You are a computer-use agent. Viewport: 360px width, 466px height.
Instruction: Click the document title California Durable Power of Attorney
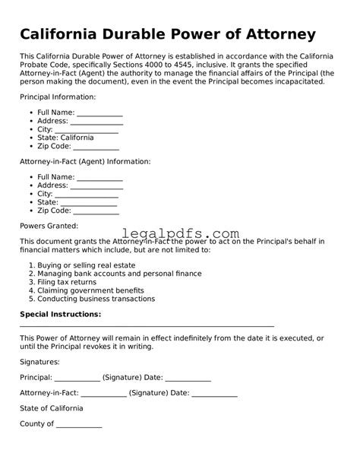click(167, 35)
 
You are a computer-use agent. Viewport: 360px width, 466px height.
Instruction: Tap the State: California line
click(66, 138)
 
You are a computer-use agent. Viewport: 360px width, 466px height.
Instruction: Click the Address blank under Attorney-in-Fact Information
click(96, 185)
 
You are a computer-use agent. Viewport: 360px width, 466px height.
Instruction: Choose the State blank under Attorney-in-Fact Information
click(89, 203)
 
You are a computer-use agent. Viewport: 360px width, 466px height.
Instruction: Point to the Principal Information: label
click(58, 97)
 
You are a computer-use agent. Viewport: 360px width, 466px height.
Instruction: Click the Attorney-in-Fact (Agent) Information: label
click(85, 161)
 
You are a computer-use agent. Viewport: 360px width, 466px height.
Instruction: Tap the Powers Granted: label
click(49, 226)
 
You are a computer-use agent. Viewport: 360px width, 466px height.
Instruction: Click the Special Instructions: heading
click(60, 314)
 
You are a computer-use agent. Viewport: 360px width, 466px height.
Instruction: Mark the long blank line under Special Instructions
click(147, 325)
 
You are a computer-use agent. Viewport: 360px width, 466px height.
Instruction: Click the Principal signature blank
click(77, 378)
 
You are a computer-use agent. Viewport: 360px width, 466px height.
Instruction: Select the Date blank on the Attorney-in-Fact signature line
click(215, 394)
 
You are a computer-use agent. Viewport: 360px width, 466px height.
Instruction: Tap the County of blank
click(79, 425)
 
